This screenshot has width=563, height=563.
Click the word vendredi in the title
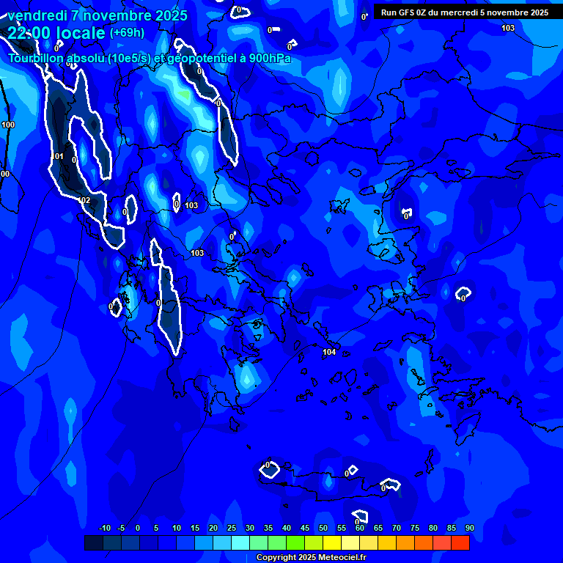click(38, 15)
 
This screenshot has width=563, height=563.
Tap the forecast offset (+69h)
click(127, 32)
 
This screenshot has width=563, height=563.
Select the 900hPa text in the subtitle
click(270, 59)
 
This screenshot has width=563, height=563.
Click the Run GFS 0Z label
click(407, 12)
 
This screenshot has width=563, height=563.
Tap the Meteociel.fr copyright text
click(311, 558)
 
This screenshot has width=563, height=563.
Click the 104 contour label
click(329, 353)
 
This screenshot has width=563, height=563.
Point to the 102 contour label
click(84, 200)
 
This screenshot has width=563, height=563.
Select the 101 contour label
click(59, 156)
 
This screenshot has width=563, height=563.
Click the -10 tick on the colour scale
click(104, 529)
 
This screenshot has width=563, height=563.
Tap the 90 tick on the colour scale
click(469, 529)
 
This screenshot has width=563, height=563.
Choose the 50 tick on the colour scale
click(323, 529)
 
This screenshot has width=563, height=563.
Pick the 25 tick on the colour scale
click(232, 529)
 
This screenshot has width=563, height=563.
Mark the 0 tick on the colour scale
click(138, 529)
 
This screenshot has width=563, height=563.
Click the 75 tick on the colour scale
click(415, 529)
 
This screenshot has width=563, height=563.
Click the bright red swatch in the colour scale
click(460, 542)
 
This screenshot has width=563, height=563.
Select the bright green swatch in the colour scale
click(295, 542)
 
